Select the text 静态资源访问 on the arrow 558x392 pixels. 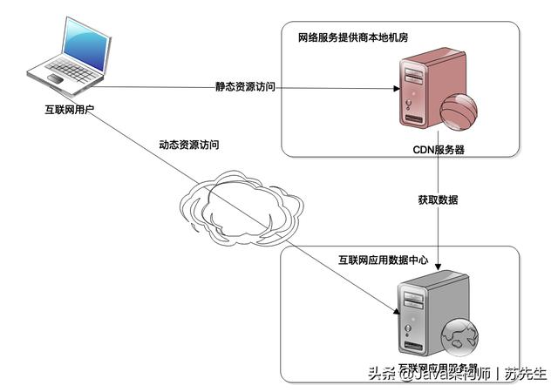tap(246, 87)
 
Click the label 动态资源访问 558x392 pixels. tap(188, 145)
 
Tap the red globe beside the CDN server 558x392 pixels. tap(460, 112)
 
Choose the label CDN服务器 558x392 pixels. tap(439, 149)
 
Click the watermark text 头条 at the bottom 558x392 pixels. tap(380, 375)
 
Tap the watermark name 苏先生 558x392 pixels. tap(526, 375)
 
